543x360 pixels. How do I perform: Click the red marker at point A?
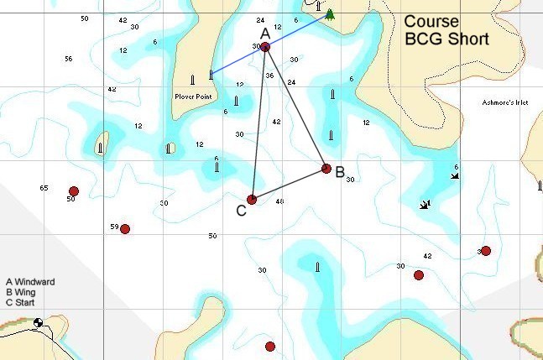coord(265,47)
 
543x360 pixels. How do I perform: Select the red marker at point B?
coord(326,169)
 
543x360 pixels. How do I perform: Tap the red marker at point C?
coord(252,200)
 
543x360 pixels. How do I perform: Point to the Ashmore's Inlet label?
coord(505,102)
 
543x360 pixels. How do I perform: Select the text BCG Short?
coord(446,39)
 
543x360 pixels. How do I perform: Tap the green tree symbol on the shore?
coord(330,14)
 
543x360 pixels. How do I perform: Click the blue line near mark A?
coord(239,60)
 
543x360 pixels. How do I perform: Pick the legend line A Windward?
coord(30,282)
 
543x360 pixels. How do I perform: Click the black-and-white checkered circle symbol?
coord(39,323)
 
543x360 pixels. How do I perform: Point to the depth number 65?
coord(44,188)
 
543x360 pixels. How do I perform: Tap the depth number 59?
coord(114,227)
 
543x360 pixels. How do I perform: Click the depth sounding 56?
coord(68,59)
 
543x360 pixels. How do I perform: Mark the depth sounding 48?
coord(279,201)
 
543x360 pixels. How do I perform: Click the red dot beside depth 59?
coord(125,229)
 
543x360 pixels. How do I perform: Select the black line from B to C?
coord(290,184)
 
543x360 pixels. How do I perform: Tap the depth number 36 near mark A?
coord(269,76)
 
